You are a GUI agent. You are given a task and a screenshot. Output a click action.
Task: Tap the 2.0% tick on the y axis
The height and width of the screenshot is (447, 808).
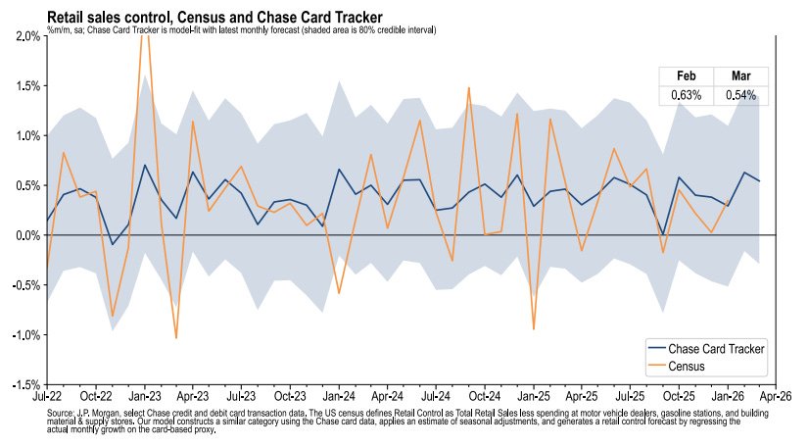25,36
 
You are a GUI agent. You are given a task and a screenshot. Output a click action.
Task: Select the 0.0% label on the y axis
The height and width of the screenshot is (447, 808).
25,236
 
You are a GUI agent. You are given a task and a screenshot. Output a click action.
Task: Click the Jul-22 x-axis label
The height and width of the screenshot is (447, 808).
47,398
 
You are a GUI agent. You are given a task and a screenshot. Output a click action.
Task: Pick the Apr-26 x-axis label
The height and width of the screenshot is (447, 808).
774,398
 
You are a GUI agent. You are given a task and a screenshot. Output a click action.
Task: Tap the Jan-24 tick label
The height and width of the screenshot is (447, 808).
338,398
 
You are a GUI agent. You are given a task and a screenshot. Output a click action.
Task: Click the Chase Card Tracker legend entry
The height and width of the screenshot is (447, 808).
715,348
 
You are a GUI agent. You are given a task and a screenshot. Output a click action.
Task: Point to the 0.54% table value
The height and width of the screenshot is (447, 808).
741,95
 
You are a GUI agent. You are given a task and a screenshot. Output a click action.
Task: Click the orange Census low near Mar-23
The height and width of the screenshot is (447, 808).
176,338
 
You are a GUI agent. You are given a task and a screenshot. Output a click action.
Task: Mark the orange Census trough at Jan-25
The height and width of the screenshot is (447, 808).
533,328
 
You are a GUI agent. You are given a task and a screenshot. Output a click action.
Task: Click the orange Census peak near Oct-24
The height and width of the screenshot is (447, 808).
469,87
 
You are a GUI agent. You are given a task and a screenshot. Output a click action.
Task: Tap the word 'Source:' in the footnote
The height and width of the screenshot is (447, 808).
61,414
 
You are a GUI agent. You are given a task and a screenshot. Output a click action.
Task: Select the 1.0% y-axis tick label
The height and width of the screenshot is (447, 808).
25,136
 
